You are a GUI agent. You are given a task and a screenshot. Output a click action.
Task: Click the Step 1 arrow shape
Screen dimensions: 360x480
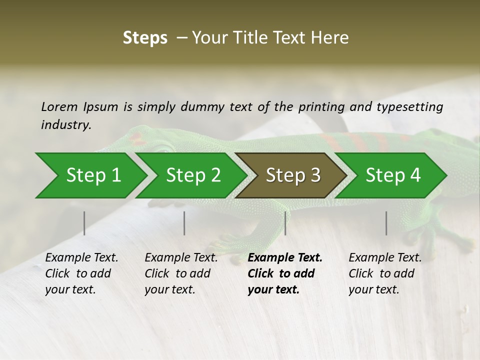93,175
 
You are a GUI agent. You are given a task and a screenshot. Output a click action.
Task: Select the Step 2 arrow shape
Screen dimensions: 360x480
193,175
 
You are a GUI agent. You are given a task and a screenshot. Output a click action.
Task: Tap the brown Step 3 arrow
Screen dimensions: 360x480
293,175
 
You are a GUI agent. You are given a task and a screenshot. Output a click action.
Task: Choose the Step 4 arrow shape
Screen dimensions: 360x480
393,175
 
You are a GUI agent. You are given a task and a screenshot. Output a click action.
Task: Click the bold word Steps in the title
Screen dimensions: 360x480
145,38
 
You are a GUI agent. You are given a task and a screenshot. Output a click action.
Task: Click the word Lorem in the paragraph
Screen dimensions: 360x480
59,106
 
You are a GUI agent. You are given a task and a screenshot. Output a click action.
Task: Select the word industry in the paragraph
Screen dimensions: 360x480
65,124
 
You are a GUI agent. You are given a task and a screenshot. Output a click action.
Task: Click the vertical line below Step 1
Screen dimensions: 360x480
84,223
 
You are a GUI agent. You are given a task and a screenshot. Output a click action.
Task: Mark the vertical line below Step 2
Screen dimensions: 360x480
184,223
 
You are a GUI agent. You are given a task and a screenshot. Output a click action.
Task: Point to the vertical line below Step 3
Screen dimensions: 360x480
285,223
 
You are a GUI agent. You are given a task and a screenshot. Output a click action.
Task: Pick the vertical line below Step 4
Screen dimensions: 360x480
386,223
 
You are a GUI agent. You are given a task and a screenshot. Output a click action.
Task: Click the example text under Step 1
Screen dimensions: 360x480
81,273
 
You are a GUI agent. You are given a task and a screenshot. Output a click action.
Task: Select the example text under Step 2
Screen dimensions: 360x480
180,273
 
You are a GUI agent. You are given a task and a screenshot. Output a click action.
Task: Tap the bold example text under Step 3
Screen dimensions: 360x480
284,273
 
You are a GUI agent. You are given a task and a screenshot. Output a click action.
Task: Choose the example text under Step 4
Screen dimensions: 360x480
384,273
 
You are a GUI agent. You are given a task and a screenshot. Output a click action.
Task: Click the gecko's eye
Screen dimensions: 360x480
163,148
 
